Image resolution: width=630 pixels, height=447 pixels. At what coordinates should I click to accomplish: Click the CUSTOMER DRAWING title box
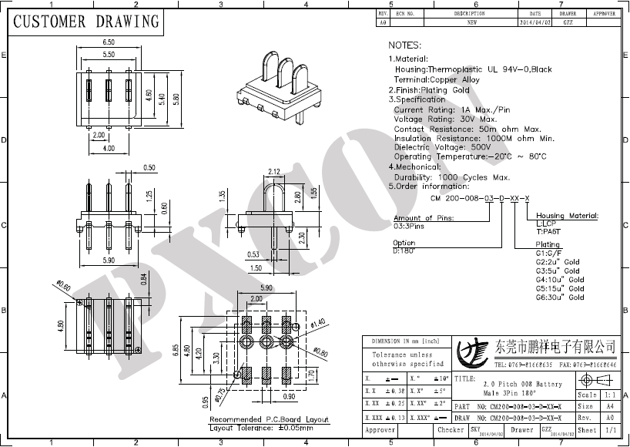click(x=86, y=22)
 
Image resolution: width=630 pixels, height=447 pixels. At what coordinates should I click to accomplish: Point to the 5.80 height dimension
click(x=176, y=99)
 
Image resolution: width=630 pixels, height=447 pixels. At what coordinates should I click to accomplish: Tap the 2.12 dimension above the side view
click(x=273, y=171)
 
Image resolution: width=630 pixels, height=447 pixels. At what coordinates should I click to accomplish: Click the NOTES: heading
click(x=404, y=46)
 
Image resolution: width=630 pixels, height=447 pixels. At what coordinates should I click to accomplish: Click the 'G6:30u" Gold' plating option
click(x=560, y=297)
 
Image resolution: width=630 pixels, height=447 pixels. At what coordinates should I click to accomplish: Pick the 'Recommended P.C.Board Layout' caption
click(x=263, y=420)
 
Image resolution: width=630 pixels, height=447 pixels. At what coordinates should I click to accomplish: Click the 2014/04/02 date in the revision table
click(x=535, y=23)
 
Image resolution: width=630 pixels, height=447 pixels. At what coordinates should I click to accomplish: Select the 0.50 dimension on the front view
click(x=149, y=167)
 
